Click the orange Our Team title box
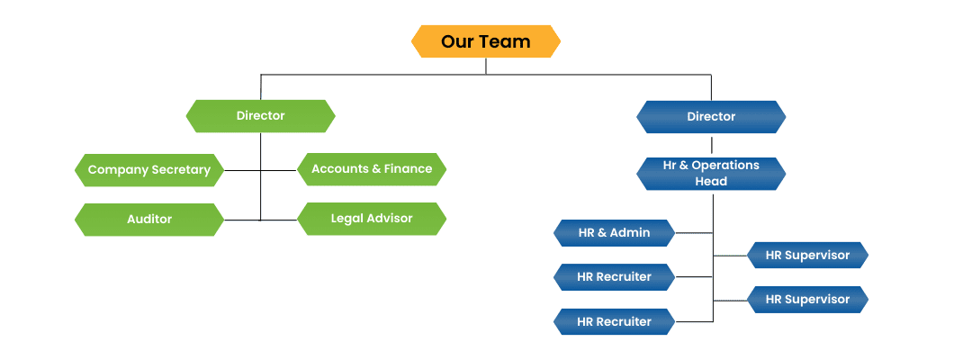pos(486,41)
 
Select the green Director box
pos(260,116)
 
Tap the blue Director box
pos(711,117)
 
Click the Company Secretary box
pos(148,169)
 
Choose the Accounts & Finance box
pos(372,168)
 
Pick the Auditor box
pos(148,219)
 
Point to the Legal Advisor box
pos(372,218)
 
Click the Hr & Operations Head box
pos(711,174)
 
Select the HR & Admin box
pos(614,233)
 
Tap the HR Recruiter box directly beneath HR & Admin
pos(614,277)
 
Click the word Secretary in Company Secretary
pos(180,169)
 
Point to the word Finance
pos(408,168)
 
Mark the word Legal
pos(346,218)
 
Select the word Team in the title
pos(510,41)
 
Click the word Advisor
pos(390,218)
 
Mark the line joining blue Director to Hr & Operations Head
pos(711,145)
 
